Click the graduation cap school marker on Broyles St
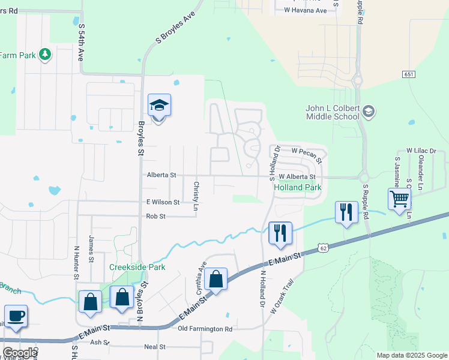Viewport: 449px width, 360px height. pyautogui.click(x=159, y=106)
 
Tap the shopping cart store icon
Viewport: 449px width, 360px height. pyautogui.click(x=399, y=199)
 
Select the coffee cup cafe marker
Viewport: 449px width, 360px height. pyautogui.click(x=16, y=316)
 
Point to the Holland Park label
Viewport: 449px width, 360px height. pyautogui.click(x=298, y=188)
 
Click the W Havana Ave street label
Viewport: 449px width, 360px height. pyautogui.click(x=305, y=10)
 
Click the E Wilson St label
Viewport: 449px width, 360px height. pyautogui.click(x=158, y=202)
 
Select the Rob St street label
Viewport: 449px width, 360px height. pyautogui.click(x=155, y=216)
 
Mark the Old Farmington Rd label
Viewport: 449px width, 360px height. pyautogui.click(x=205, y=329)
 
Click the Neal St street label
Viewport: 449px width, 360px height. pyautogui.click(x=154, y=347)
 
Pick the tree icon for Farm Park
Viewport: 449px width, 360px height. pyautogui.click(x=44, y=55)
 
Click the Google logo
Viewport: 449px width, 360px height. pyautogui.click(x=20, y=353)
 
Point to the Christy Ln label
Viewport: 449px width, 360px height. pyautogui.click(x=196, y=192)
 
